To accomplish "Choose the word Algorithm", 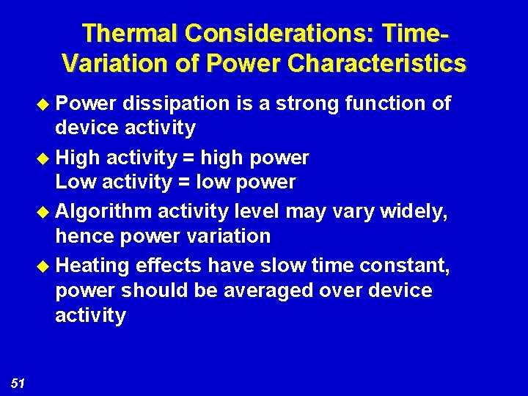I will coord(104,212).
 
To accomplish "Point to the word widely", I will coord(417,211).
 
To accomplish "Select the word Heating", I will coord(92,265).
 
